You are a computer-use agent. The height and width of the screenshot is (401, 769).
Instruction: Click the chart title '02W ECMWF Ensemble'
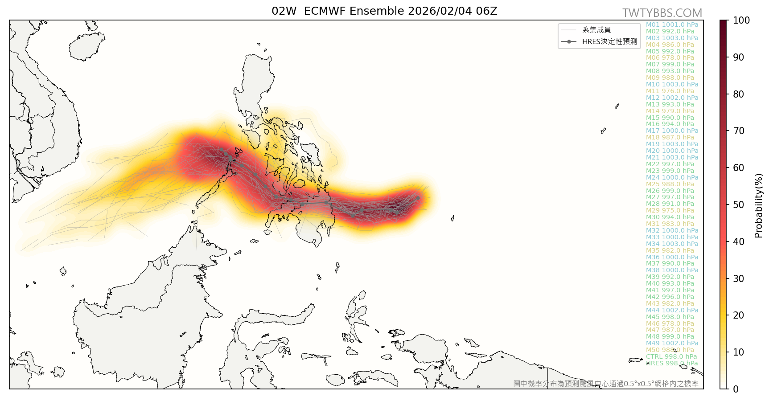click(x=384, y=11)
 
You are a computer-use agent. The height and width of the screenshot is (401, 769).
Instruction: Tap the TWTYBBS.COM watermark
click(x=662, y=13)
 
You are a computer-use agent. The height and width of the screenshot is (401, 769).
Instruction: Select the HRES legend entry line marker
click(x=569, y=41)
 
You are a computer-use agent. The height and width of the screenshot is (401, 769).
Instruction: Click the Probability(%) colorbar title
click(x=759, y=205)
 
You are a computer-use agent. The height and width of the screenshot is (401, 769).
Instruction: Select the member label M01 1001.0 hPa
click(x=672, y=25)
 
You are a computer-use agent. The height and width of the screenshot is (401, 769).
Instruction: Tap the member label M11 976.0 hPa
click(x=670, y=91)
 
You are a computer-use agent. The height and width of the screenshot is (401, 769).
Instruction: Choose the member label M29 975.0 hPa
click(x=670, y=211)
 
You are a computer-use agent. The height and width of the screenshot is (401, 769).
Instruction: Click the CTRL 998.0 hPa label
click(x=671, y=357)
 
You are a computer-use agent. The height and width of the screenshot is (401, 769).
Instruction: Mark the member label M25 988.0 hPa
click(x=670, y=184)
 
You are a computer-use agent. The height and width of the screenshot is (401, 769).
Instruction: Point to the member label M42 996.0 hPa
click(x=670, y=297)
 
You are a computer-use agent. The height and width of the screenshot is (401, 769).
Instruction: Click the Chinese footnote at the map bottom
click(x=606, y=384)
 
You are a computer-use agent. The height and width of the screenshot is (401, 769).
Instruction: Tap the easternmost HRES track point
click(x=418, y=197)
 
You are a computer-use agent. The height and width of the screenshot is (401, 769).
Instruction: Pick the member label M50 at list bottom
click(x=670, y=350)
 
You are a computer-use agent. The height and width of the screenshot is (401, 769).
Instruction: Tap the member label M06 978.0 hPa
click(x=670, y=58)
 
